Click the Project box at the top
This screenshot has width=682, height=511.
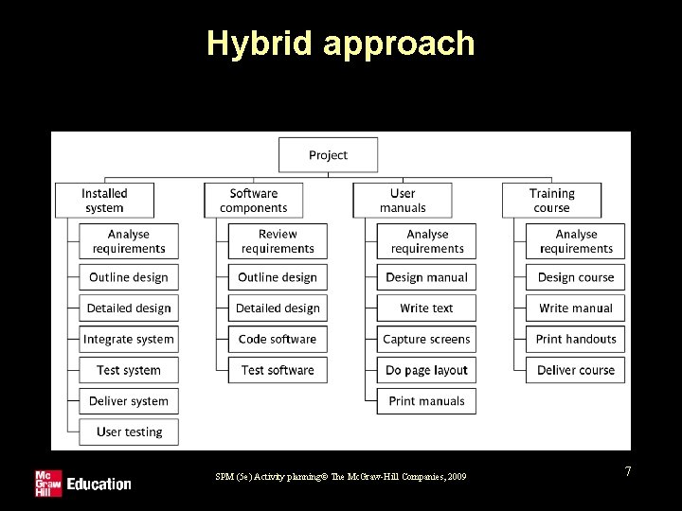click(x=328, y=155)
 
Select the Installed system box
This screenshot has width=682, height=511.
click(x=104, y=201)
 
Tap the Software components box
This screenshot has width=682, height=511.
click(x=254, y=201)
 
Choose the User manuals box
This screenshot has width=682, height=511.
click(x=403, y=201)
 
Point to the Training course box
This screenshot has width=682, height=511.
click(x=551, y=201)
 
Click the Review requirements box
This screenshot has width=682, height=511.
click(x=278, y=241)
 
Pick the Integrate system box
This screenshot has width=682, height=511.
click(x=129, y=340)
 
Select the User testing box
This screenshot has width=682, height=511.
click(x=129, y=432)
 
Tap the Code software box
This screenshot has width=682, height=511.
click(x=278, y=340)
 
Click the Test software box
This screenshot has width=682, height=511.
click(x=278, y=370)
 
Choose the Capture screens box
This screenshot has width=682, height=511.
click(x=426, y=340)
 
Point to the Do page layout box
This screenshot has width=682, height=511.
click(x=426, y=370)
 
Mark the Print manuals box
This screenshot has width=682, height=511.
click(x=426, y=401)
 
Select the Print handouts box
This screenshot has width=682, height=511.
click(x=576, y=340)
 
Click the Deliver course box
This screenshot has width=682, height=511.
click(x=576, y=370)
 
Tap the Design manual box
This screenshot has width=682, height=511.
click(x=426, y=277)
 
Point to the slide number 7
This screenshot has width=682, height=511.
click(x=627, y=470)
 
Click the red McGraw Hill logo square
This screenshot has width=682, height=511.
click(x=47, y=483)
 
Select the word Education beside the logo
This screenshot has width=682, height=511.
click(x=99, y=485)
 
